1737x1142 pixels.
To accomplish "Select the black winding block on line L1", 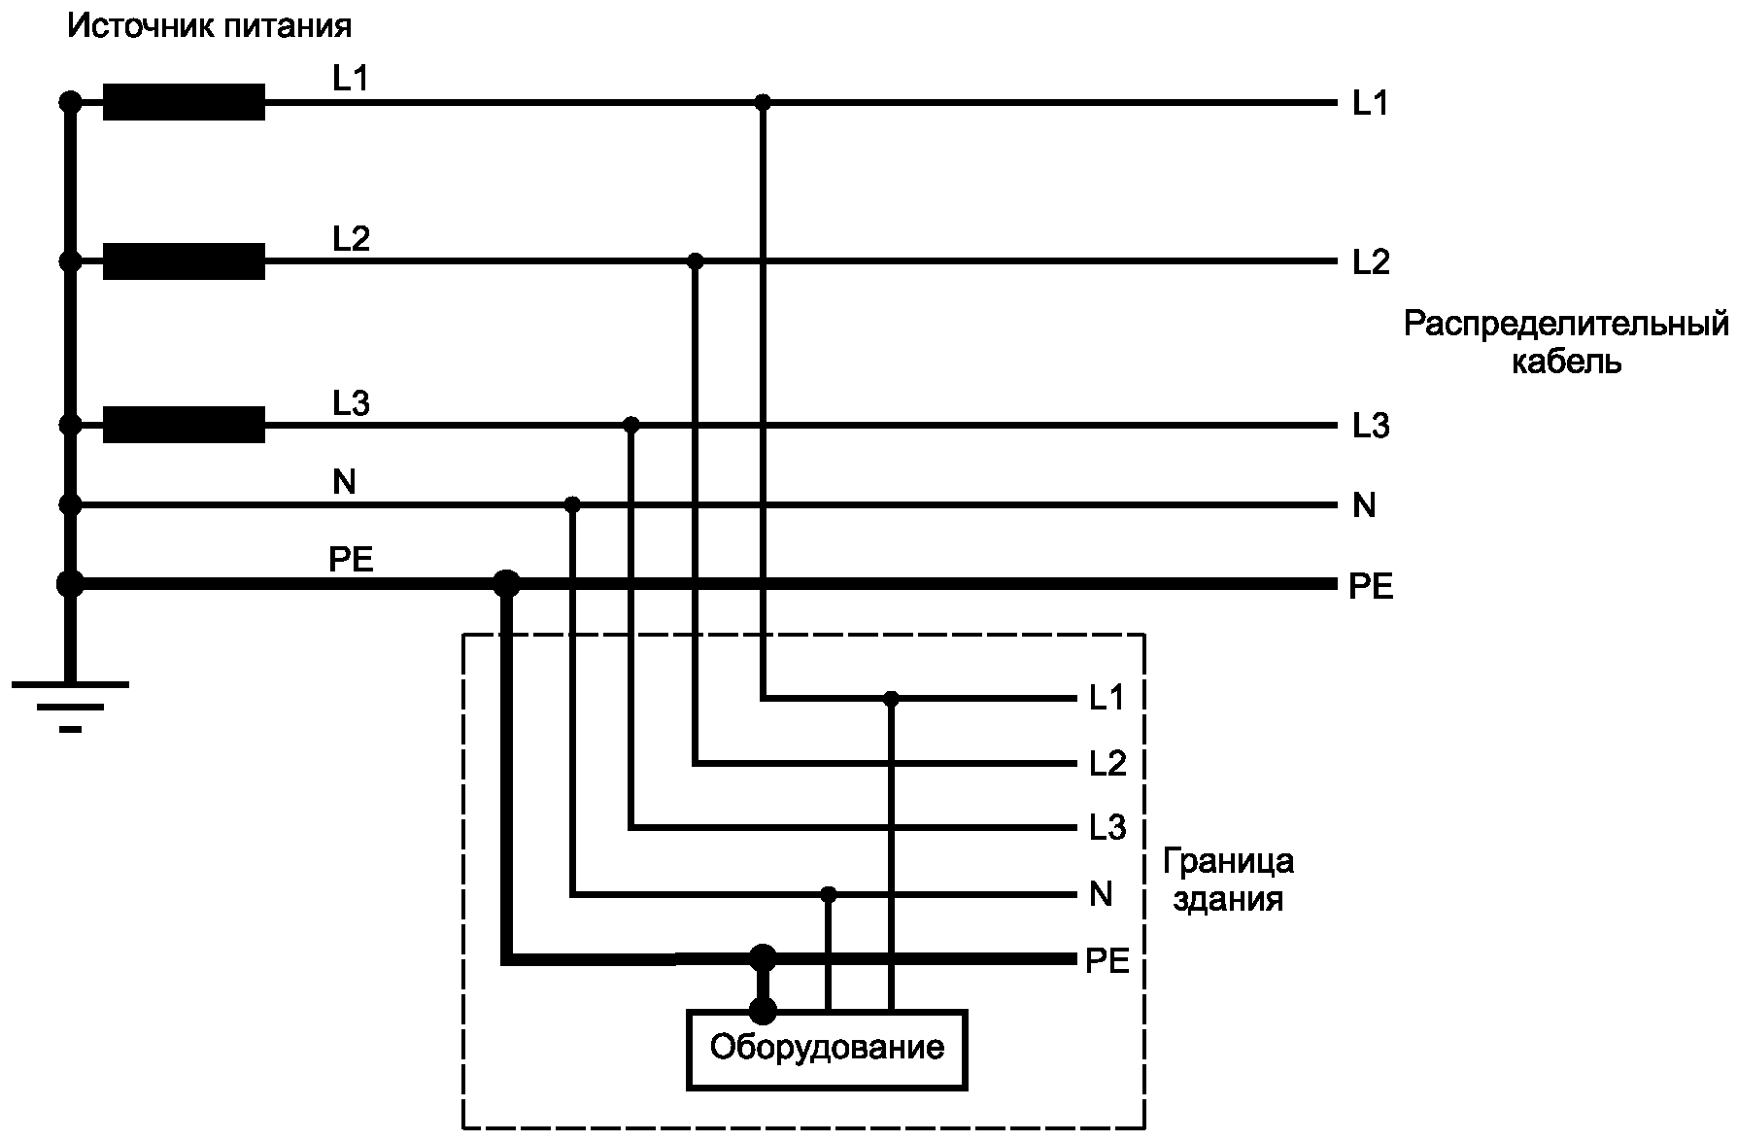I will pos(184,102).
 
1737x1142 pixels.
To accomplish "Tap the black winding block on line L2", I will pos(184,261).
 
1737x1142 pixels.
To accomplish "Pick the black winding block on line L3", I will pos(184,425).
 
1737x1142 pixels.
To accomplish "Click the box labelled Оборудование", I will pos(827,1049).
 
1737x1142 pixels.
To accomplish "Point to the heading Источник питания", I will pos(209,25).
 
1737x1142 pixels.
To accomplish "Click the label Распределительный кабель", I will pos(1565,342).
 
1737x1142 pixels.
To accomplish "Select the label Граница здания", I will pos(1228,880).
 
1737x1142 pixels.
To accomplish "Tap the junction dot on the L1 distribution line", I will pos(763,102).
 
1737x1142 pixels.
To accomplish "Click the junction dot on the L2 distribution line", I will pos(695,261).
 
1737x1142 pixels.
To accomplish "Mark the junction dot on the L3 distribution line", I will pos(631,425).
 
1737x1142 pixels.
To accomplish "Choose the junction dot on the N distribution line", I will pos(572,504).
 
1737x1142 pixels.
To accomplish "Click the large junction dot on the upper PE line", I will pos(506,584).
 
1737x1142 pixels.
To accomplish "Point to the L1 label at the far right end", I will pos(1370,104).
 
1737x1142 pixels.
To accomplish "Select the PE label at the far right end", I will pos(1371,587).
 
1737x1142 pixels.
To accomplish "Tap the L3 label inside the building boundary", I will pos(1107,828).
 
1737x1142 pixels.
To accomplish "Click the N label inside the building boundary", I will pos(1101,894).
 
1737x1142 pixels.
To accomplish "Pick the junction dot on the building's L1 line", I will pos(891,698).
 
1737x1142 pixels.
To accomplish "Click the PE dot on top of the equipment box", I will pos(763,1011).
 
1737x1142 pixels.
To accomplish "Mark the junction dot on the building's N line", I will pos(828,893).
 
